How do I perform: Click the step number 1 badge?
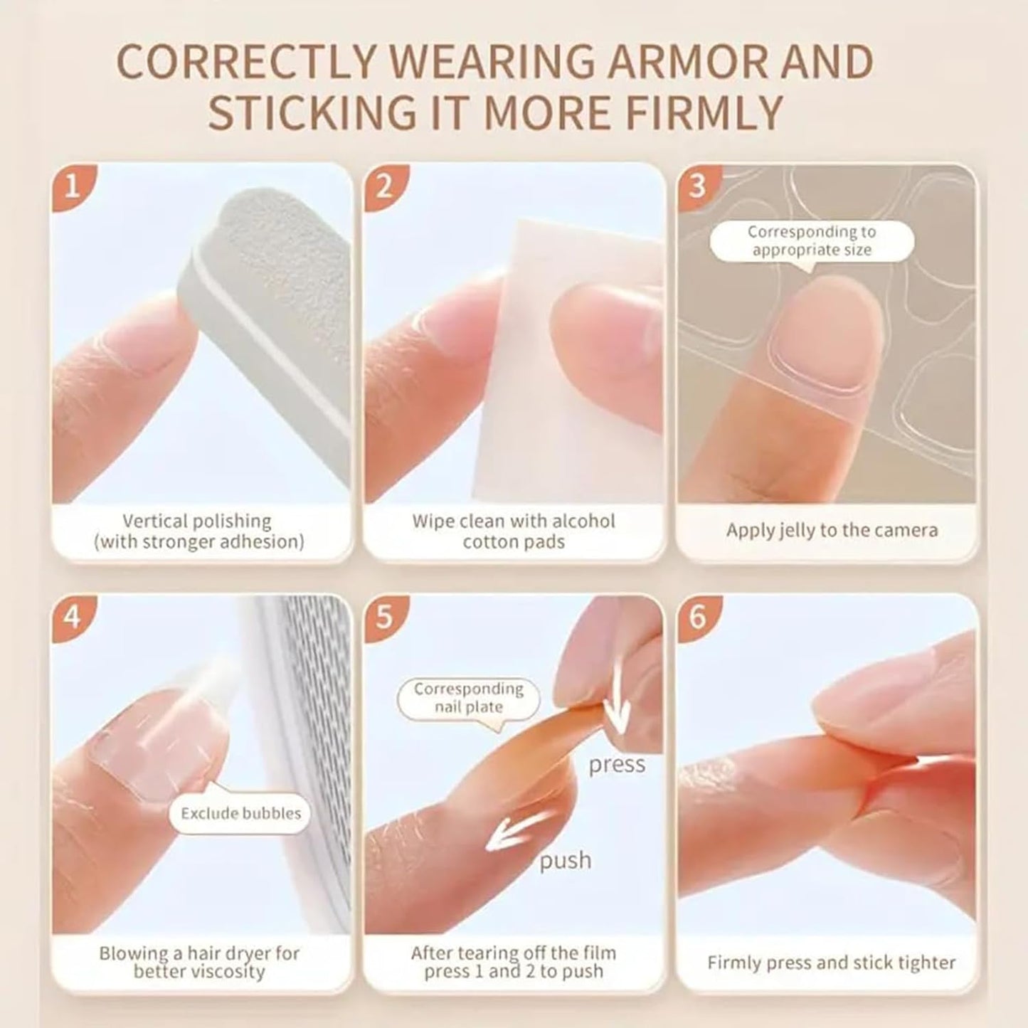[71, 186]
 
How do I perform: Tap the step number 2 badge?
[383, 186]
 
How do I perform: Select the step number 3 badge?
[696, 186]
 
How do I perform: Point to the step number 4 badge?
[71, 616]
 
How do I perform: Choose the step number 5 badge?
[383, 616]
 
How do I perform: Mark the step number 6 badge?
[696, 616]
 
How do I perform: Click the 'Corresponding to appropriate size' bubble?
[812, 241]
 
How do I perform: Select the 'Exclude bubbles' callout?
[240, 813]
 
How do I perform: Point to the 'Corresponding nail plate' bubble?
[468, 698]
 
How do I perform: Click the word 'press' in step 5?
[617, 765]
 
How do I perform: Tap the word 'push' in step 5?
[565, 861]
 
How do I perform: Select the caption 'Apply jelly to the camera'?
[832, 531]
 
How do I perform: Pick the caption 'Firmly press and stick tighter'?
[831, 963]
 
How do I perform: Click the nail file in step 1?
[285, 320]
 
